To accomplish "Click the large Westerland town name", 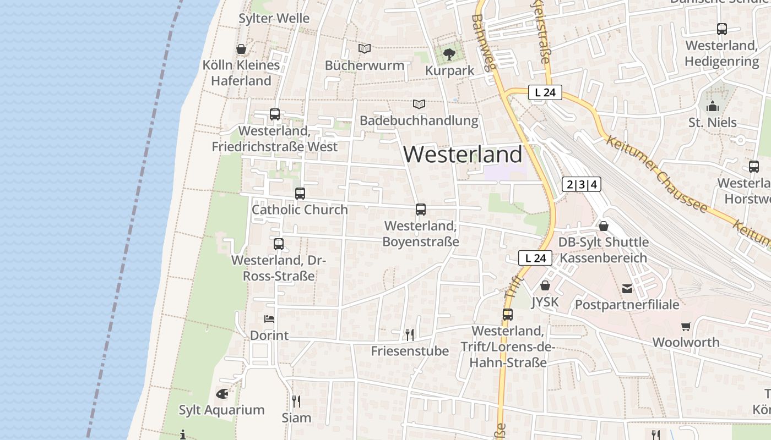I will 463,155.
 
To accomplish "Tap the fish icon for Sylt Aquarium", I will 222,394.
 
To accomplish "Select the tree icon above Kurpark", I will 449,54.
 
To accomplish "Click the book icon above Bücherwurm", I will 365,49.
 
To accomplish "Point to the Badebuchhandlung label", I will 419,120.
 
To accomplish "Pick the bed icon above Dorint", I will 269,319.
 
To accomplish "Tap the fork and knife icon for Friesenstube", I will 409,334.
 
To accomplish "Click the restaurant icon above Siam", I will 296,402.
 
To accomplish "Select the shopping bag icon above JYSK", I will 545,285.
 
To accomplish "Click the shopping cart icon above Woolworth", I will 686,327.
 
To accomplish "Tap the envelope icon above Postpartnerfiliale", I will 627,289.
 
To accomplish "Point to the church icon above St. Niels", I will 713,106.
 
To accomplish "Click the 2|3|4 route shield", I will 582,184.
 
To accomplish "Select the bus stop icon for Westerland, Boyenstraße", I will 421,210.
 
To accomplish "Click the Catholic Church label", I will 300,210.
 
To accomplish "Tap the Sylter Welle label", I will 274,18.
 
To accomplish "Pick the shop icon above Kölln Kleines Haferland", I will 241,49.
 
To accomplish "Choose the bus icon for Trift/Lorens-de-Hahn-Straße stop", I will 508,315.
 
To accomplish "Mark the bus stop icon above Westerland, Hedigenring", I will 722,30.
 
